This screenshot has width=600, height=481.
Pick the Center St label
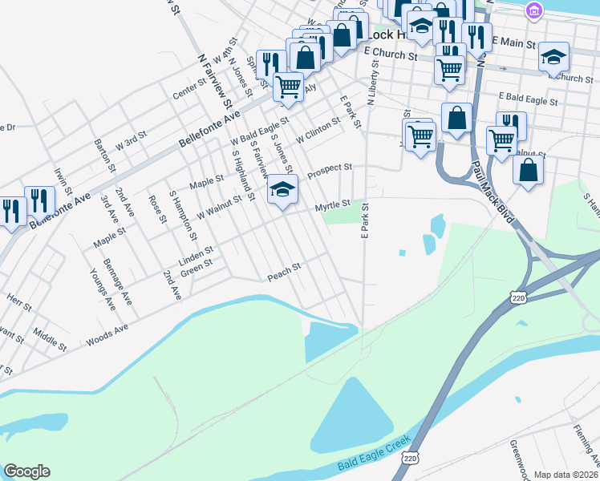pos(190,90)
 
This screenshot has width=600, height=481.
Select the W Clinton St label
pos(318,130)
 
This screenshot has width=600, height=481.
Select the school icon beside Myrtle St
pos(282,190)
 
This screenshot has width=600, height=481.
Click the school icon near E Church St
pos(553,57)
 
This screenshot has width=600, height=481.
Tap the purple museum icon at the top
pos(533,10)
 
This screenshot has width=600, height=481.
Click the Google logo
pos(26,471)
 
